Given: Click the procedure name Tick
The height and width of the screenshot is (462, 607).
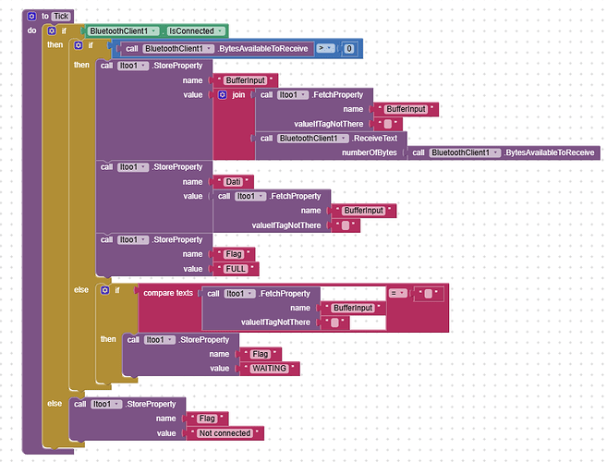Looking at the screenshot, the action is [61, 17].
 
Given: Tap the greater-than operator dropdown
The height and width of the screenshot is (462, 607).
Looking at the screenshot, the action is [325, 48].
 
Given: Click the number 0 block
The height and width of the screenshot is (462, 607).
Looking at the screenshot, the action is [349, 49].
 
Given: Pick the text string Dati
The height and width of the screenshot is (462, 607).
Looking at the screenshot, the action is [233, 182].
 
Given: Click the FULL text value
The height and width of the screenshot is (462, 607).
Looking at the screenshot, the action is [236, 269].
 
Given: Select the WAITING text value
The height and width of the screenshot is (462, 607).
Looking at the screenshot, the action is [270, 369].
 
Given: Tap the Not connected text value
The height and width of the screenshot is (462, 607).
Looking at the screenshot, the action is [225, 433].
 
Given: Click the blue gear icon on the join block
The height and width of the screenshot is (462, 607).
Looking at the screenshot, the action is [223, 95].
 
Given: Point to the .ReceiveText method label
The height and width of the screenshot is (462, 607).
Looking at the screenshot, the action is [374, 139].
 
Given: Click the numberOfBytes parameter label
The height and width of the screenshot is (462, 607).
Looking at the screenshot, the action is [370, 152].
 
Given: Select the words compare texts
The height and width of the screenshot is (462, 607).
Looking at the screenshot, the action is [168, 293].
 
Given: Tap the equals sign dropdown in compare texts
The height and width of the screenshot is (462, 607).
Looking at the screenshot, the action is [397, 293].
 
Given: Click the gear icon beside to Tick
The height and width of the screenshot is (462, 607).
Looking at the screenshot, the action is [31, 17].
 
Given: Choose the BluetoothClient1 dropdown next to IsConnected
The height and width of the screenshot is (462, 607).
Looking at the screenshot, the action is [124, 31].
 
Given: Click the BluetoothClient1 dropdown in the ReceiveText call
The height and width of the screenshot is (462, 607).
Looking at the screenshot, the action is [313, 139].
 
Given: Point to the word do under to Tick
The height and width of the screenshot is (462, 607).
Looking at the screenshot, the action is [31, 30].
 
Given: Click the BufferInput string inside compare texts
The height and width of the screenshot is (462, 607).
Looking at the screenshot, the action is [353, 308].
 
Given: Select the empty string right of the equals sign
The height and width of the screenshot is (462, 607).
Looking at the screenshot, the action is [429, 294].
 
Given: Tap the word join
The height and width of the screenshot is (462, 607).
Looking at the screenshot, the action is [238, 95].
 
